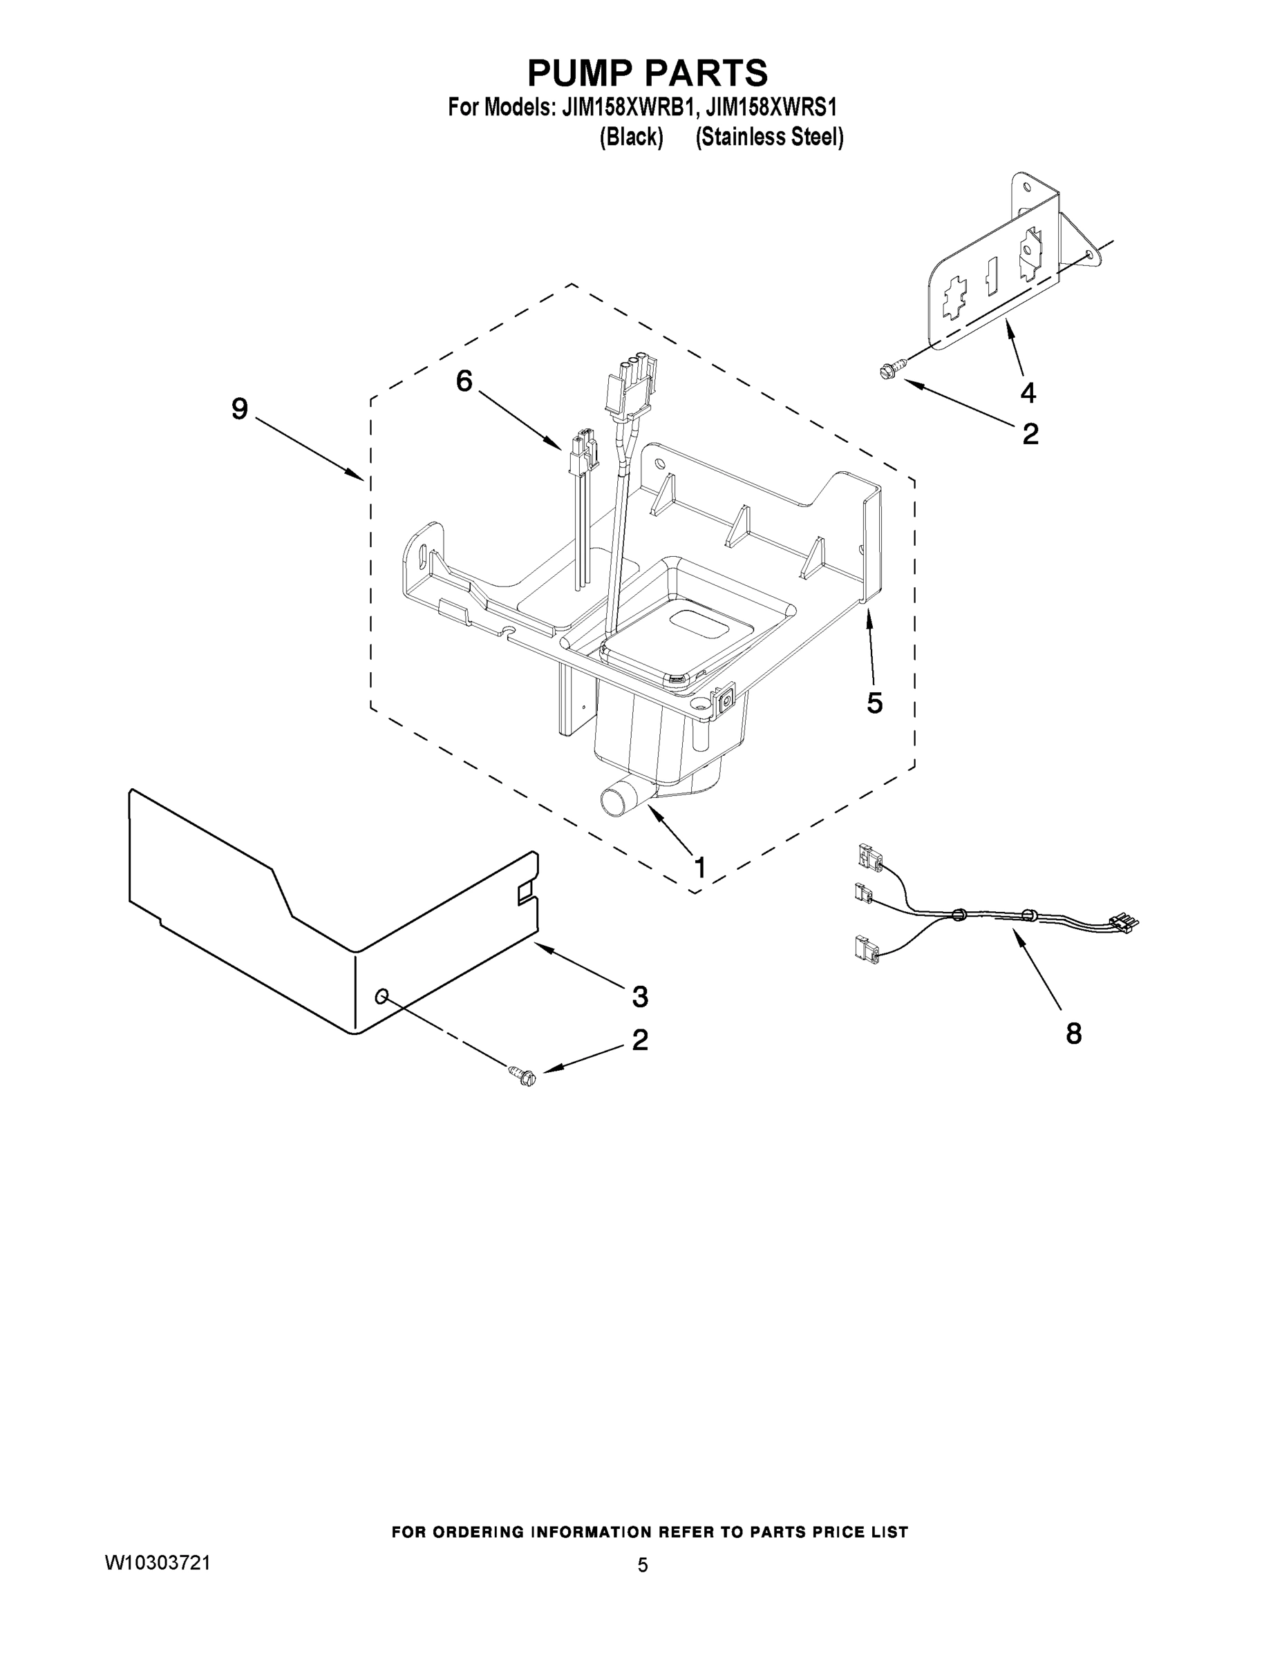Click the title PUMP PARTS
click(647, 73)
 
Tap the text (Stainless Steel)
click(769, 137)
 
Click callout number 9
click(240, 410)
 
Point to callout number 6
click(463, 381)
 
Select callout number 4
click(1028, 392)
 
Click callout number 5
click(874, 703)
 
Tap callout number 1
click(699, 868)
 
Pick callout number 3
click(639, 997)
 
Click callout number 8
click(1073, 1033)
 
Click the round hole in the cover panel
click(382, 996)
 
